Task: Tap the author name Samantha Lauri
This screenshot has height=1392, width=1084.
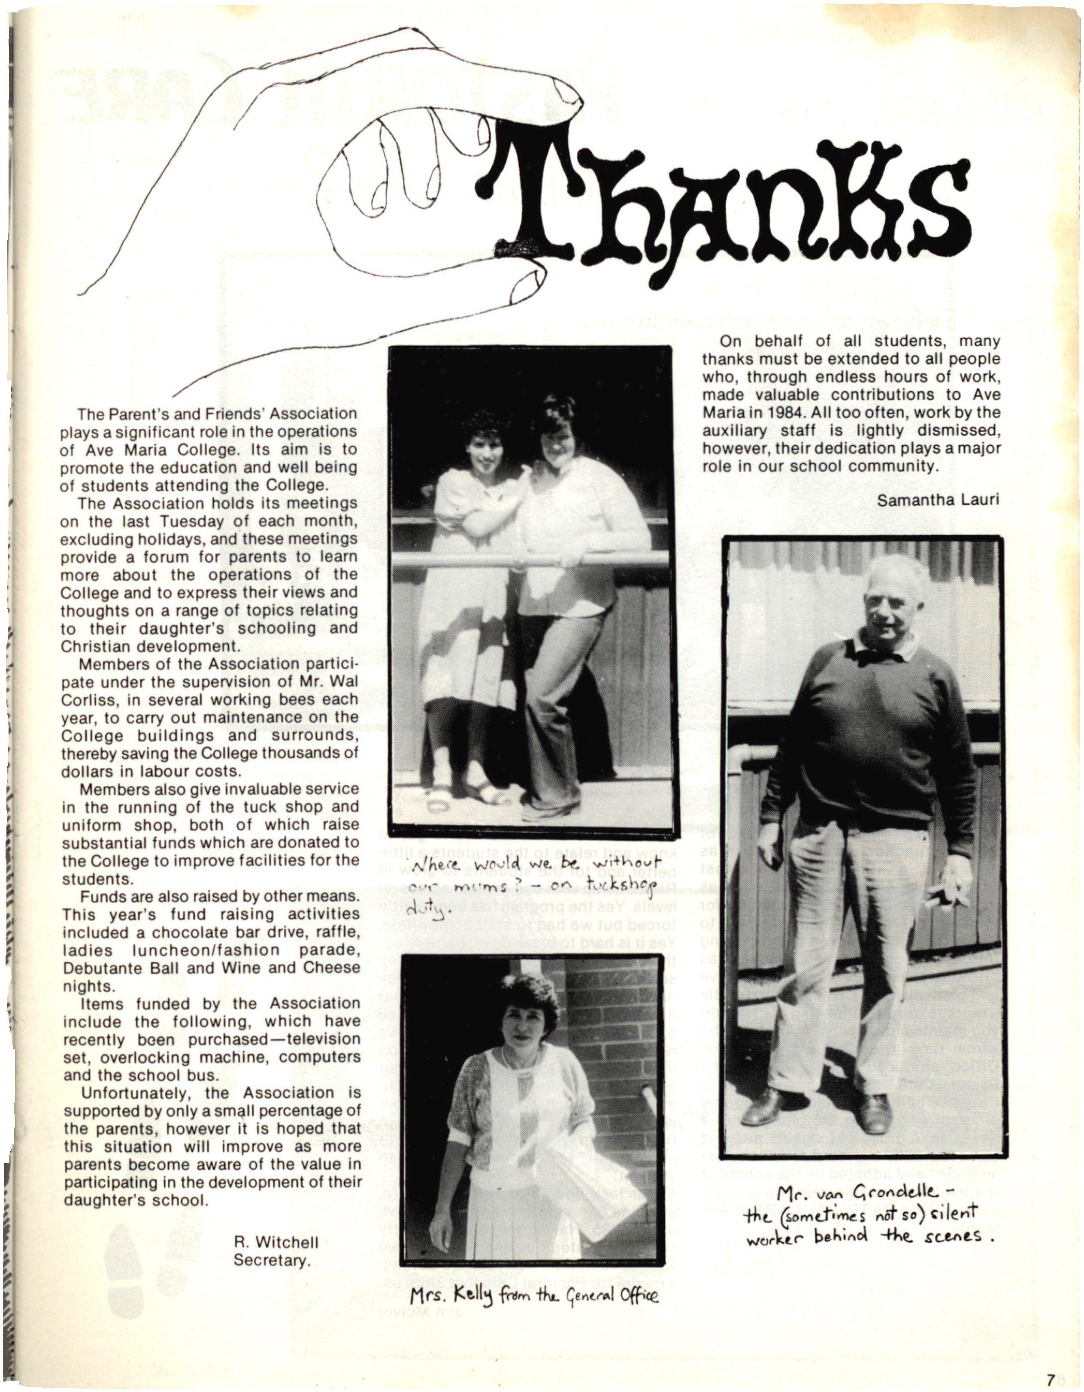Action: (x=937, y=500)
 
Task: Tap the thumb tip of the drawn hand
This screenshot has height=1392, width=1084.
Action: (x=532, y=278)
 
